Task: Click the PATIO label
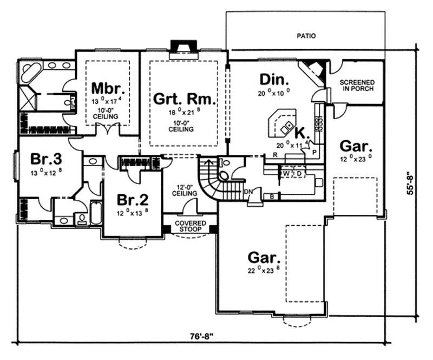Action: pos(306,37)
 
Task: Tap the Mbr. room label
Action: pos(108,88)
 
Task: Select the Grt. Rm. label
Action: pos(184,99)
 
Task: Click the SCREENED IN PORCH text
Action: pos(357,86)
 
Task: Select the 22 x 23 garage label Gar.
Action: pos(264,256)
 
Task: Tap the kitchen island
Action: pos(281,123)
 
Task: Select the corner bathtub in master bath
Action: pos(28,71)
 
